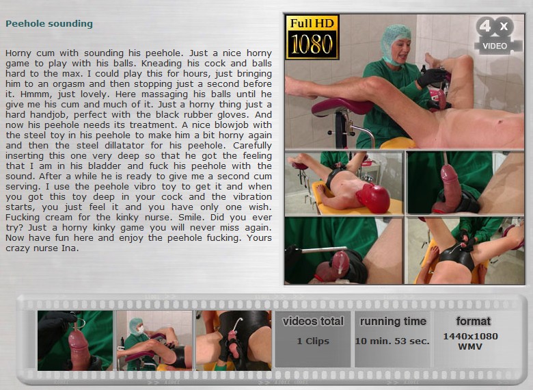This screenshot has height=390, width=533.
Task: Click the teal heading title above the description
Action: pyautogui.click(x=49, y=24)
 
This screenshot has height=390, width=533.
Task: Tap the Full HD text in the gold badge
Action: pyautogui.click(x=312, y=23)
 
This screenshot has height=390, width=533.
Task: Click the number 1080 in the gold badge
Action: pyautogui.click(x=312, y=44)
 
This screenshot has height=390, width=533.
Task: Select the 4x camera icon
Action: pyautogui.click(x=497, y=36)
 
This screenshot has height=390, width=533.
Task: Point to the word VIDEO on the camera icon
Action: pyautogui.click(x=495, y=46)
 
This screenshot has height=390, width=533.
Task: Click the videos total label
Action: pyautogui.click(x=313, y=322)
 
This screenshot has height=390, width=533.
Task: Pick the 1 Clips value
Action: pyautogui.click(x=313, y=341)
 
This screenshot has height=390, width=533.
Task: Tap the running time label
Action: pyautogui.click(x=393, y=322)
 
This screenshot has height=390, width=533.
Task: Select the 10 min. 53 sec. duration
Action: pyautogui.click(x=392, y=341)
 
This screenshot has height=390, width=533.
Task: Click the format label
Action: pyautogui.click(x=473, y=322)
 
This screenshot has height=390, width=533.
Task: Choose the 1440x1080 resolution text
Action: pyautogui.click(x=470, y=336)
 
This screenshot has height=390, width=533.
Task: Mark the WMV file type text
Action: pyautogui.click(x=470, y=347)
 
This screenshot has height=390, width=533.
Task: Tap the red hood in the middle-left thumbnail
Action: pyautogui.click(x=373, y=198)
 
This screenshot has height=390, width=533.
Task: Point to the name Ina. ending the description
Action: pyautogui.click(x=70, y=248)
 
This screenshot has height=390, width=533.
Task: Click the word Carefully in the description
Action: pyautogui.click(x=252, y=146)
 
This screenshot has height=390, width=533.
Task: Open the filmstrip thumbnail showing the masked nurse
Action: pyautogui.click(x=154, y=340)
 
